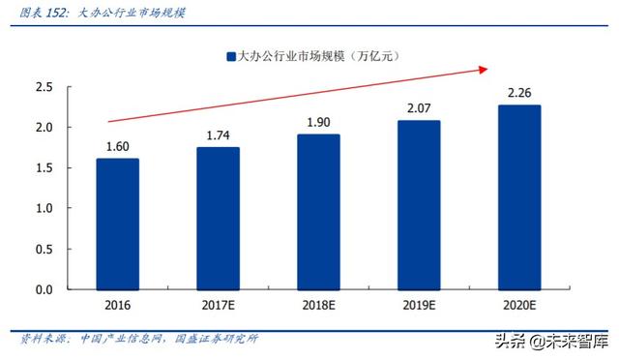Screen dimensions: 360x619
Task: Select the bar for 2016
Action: coord(117,224)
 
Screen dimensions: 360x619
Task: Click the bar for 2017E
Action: coord(218,218)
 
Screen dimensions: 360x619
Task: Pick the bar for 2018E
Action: coord(318,211)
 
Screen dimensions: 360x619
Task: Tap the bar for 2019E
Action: coord(419,204)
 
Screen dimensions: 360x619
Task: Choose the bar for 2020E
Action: coord(519,196)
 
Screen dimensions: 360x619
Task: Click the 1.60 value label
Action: coord(117,147)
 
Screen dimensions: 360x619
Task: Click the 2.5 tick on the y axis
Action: coord(44,87)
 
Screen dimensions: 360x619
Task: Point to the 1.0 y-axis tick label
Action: coord(44,208)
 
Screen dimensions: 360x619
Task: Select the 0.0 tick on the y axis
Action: coord(44,289)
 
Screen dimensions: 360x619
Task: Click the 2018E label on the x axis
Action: coord(318,307)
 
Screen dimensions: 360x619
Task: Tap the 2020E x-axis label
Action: coord(519,307)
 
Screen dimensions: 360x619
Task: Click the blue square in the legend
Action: coord(229,57)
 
